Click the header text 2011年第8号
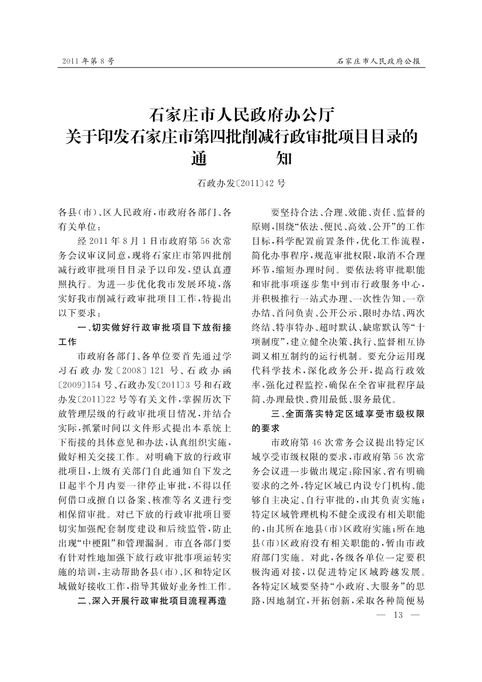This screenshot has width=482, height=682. click(88, 61)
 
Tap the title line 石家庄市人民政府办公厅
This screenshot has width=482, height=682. click(242, 112)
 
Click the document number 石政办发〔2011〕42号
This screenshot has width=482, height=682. click(242, 183)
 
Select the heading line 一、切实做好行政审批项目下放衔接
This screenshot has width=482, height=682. click(155, 327)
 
